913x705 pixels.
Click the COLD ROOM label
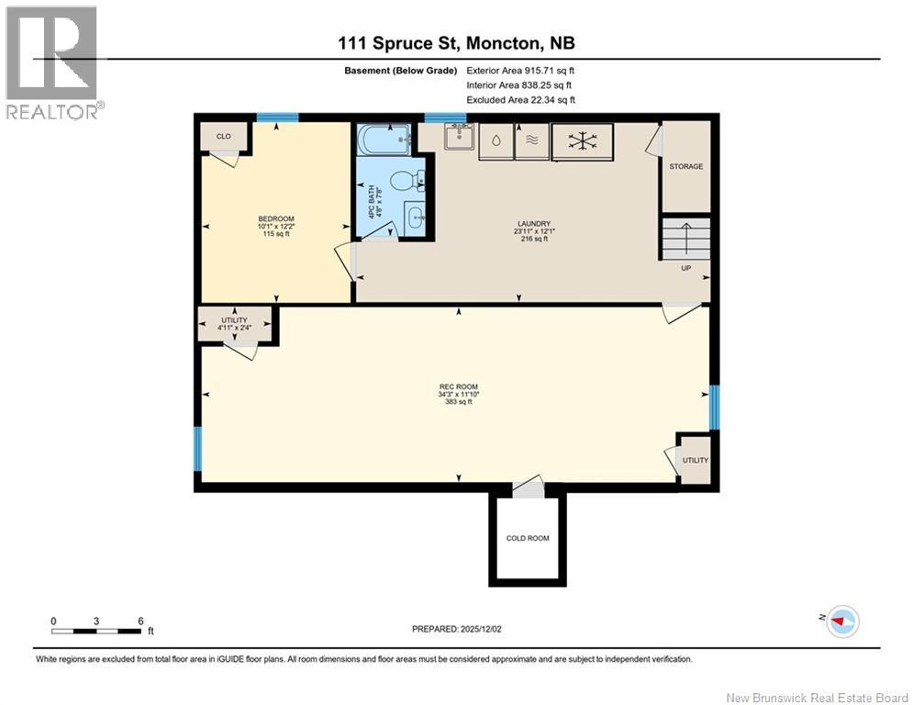528,538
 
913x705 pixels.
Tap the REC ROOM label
459,386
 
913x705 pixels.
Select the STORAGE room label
686,167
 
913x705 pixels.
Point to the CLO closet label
224,137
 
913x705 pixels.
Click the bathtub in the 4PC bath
384,140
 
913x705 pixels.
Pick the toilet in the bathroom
407,181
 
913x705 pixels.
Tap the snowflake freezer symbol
583,141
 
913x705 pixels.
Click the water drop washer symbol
495,141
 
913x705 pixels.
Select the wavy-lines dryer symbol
532,141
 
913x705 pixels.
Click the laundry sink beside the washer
460,137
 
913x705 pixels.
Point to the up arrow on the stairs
686,239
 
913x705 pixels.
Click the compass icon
842,621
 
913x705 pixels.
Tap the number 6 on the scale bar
141,621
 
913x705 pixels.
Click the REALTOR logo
51,63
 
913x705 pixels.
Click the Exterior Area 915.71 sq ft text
520,71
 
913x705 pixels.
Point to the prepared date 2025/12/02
481,629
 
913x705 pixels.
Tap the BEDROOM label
276,219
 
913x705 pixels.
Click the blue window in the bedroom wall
278,117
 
